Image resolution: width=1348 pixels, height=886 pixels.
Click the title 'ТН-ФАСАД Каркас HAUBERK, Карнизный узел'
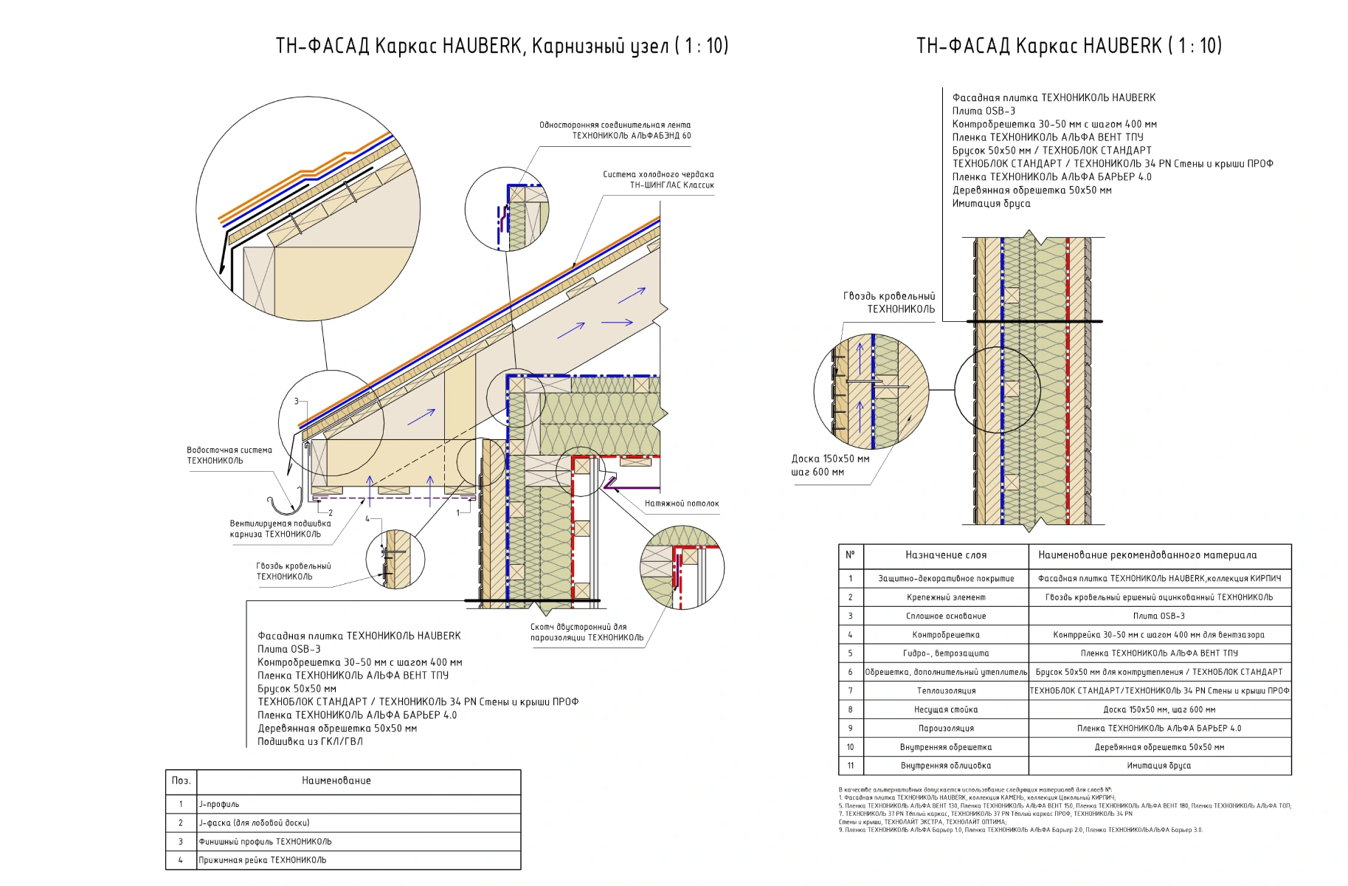pos(502,46)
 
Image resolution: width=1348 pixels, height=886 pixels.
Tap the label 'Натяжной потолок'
pos(681,504)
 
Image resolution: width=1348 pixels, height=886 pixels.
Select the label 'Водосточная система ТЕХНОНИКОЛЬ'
pos(229,455)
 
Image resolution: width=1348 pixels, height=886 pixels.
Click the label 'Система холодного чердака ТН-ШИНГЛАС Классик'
pos(658,179)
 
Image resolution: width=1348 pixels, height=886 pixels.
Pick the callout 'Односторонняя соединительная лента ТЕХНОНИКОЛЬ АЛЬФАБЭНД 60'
pos(615,130)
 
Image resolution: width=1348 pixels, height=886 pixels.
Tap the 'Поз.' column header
pos(181,780)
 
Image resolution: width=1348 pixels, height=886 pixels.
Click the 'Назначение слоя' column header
pos(945,555)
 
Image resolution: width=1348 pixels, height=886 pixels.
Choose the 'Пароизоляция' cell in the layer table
pos(945,728)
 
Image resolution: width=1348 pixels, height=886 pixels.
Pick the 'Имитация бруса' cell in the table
pos(1158,766)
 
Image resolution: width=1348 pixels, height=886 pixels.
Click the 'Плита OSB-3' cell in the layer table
pos(1158,616)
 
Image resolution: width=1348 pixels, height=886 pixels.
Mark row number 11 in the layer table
pos(850,766)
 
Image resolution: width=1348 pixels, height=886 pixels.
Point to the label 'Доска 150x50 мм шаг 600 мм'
pos(830,465)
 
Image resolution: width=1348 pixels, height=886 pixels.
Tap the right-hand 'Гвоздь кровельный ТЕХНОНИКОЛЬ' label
pos(889,303)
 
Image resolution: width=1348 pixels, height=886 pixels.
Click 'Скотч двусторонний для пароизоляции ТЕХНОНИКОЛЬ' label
pos(587,632)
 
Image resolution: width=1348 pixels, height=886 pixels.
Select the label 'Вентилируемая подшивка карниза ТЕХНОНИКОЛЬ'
pos(280,529)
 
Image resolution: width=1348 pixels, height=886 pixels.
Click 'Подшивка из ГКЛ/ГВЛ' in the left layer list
pos(310,741)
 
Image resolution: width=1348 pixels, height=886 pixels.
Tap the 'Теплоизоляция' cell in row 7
pos(945,691)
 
